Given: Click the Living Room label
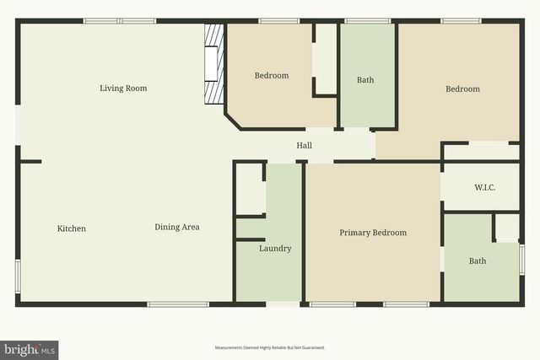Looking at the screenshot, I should click(x=123, y=89).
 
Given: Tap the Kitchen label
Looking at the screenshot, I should click(x=72, y=228).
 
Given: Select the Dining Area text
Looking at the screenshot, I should click(x=177, y=227).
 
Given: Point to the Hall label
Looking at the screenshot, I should click(x=305, y=146).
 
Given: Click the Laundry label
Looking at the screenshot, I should click(x=275, y=249).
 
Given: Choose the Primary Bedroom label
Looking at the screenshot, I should click(x=373, y=233).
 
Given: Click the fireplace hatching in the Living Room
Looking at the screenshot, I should click(x=214, y=63).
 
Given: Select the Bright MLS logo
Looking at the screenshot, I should click(x=30, y=349).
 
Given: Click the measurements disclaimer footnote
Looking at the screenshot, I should click(x=270, y=347).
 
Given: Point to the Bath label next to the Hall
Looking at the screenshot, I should click(x=365, y=80).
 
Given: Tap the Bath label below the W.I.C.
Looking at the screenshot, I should click(x=478, y=261).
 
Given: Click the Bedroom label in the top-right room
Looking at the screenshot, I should click(x=462, y=89).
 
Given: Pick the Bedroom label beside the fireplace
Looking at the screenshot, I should click(x=272, y=76).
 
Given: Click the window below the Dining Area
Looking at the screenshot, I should click(x=178, y=304).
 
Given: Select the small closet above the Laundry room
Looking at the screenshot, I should click(x=251, y=189).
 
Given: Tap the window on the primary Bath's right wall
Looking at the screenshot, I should click(x=521, y=259).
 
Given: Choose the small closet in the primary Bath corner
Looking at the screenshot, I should click(x=506, y=228).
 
